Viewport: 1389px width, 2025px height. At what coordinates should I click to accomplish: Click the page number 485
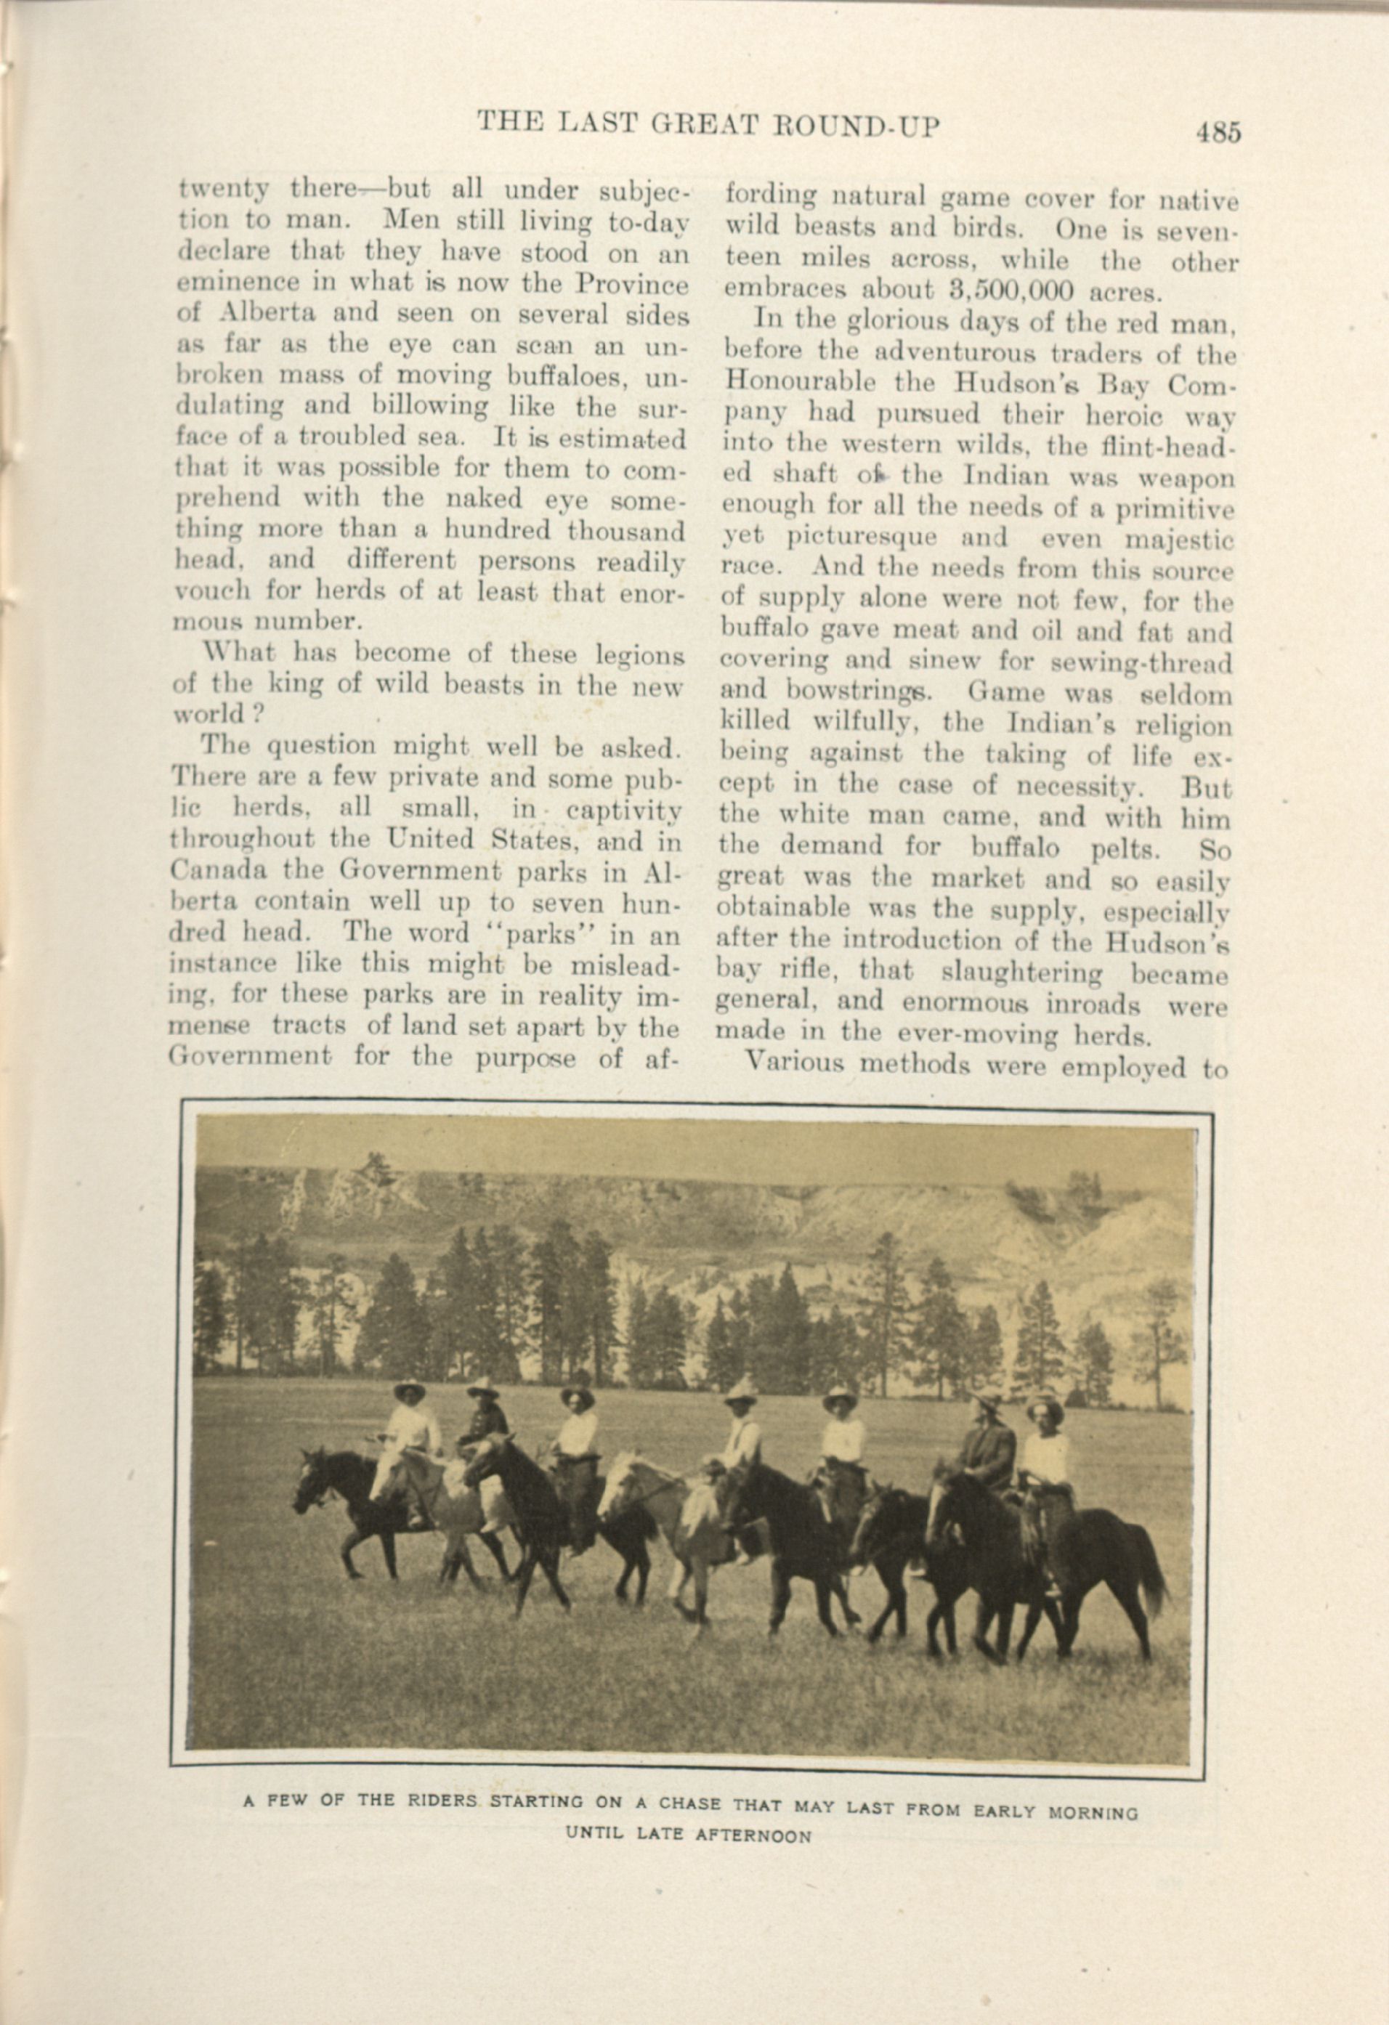pos(1218,131)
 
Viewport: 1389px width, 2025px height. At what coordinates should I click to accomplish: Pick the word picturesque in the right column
pos(861,537)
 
